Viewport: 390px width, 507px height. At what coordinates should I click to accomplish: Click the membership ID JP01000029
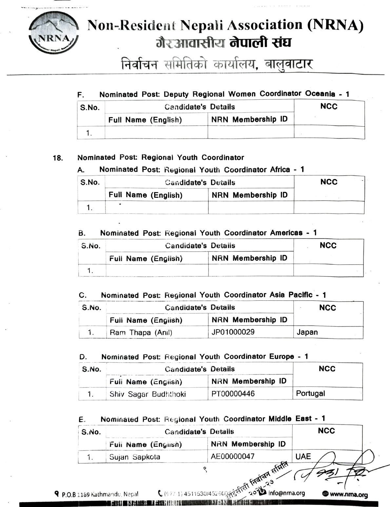(233, 332)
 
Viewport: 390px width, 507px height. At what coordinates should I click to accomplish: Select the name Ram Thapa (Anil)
(141, 333)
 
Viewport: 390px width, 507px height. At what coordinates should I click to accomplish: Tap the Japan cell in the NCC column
(307, 332)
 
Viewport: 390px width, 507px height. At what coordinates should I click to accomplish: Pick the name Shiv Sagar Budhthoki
(147, 394)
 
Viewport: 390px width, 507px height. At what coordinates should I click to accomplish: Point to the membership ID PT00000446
(233, 394)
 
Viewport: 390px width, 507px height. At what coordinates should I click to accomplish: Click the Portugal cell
(310, 393)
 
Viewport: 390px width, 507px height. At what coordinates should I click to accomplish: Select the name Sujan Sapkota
(135, 457)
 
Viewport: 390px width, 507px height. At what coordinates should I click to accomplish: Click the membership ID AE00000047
(233, 456)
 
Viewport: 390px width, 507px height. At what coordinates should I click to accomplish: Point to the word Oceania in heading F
(320, 94)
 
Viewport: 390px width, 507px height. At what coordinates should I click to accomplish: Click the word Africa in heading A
(280, 170)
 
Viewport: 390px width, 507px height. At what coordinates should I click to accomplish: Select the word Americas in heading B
(286, 233)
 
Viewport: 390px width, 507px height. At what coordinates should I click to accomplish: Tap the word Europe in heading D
(282, 356)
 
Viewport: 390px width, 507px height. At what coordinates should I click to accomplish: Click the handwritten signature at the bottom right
(341, 469)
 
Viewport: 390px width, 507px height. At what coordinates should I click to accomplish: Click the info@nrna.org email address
(287, 493)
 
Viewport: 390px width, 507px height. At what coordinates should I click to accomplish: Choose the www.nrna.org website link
(348, 494)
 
